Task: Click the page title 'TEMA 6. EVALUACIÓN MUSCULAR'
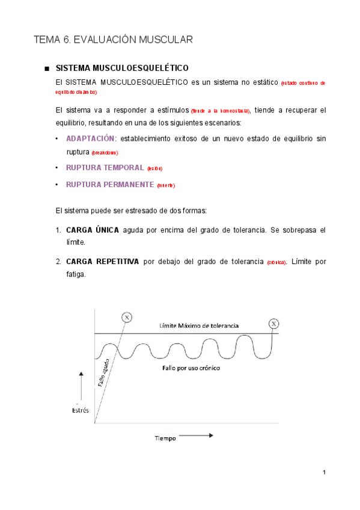113,40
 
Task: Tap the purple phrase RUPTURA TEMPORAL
105,168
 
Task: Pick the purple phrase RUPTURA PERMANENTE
110,185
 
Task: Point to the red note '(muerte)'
166,185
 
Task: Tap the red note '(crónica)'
276,262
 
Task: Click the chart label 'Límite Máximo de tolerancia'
199,325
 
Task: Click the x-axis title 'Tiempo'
164,438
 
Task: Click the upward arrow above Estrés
80,385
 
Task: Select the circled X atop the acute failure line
126,317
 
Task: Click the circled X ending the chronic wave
275,324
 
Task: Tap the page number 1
324,473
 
